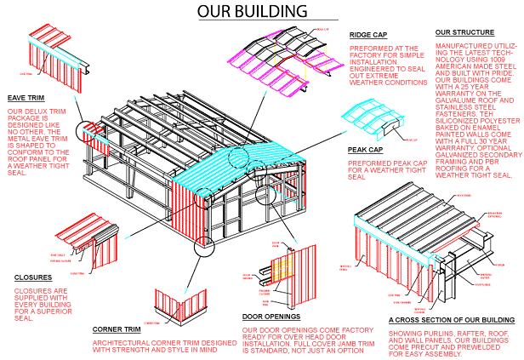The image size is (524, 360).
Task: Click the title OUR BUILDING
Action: (252, 11)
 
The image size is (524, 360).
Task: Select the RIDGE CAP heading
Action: (367, 35)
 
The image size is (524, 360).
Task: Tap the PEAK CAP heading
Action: (365, 149)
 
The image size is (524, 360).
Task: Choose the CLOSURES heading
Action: (33, 277)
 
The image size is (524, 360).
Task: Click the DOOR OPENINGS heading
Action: (271, 315)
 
